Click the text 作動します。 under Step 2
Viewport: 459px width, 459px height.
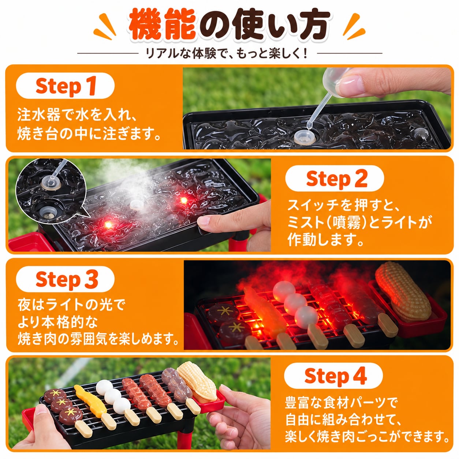click(325, 239)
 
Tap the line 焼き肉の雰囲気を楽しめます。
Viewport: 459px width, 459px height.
click(98, 339)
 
